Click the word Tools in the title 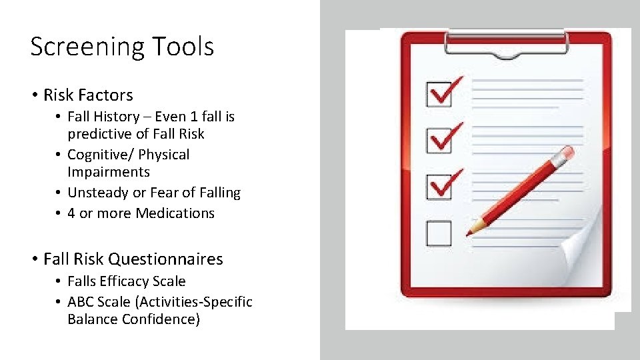[183, 47]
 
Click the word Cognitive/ [101, 155]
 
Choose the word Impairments [109, 172]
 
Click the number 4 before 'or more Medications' [71, 213]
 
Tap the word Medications [175, 213]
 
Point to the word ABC [81, 302]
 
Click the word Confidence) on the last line [161, 319]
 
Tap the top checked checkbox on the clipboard [439, 94]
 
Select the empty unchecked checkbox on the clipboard [439, 233]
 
